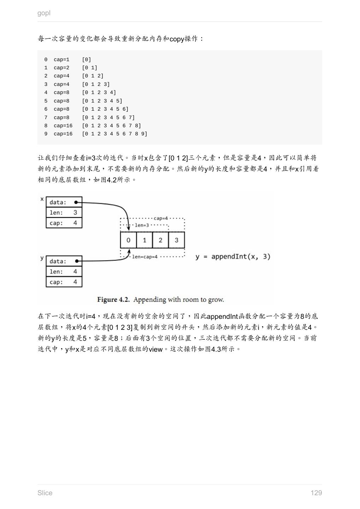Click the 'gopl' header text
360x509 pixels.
(x=44, y=13)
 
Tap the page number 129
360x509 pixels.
(x=316, y=493)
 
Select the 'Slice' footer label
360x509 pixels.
(x=45, y=493)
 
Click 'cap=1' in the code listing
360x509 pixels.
(x=61, y=59)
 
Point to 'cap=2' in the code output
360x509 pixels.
(x=61, y=68)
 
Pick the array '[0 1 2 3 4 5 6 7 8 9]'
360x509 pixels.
(x=114, y=134)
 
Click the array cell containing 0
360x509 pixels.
(x=128, y=240)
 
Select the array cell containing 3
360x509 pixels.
(x=176, y=240)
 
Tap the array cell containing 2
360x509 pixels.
(x=160, y=240)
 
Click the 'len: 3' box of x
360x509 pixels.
(x=64, y=212)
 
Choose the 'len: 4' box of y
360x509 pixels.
(x=64, y=271)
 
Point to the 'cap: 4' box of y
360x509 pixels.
(x=64, y=282)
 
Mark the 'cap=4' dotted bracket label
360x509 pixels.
(x=161, y=218)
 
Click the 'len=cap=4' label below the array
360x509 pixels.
(x=145, y=257)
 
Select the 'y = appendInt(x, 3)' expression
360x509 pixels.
(x=233, y=256)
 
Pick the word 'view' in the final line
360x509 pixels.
(x=155, y=349)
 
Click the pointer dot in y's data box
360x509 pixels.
(x=76, y=261)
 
